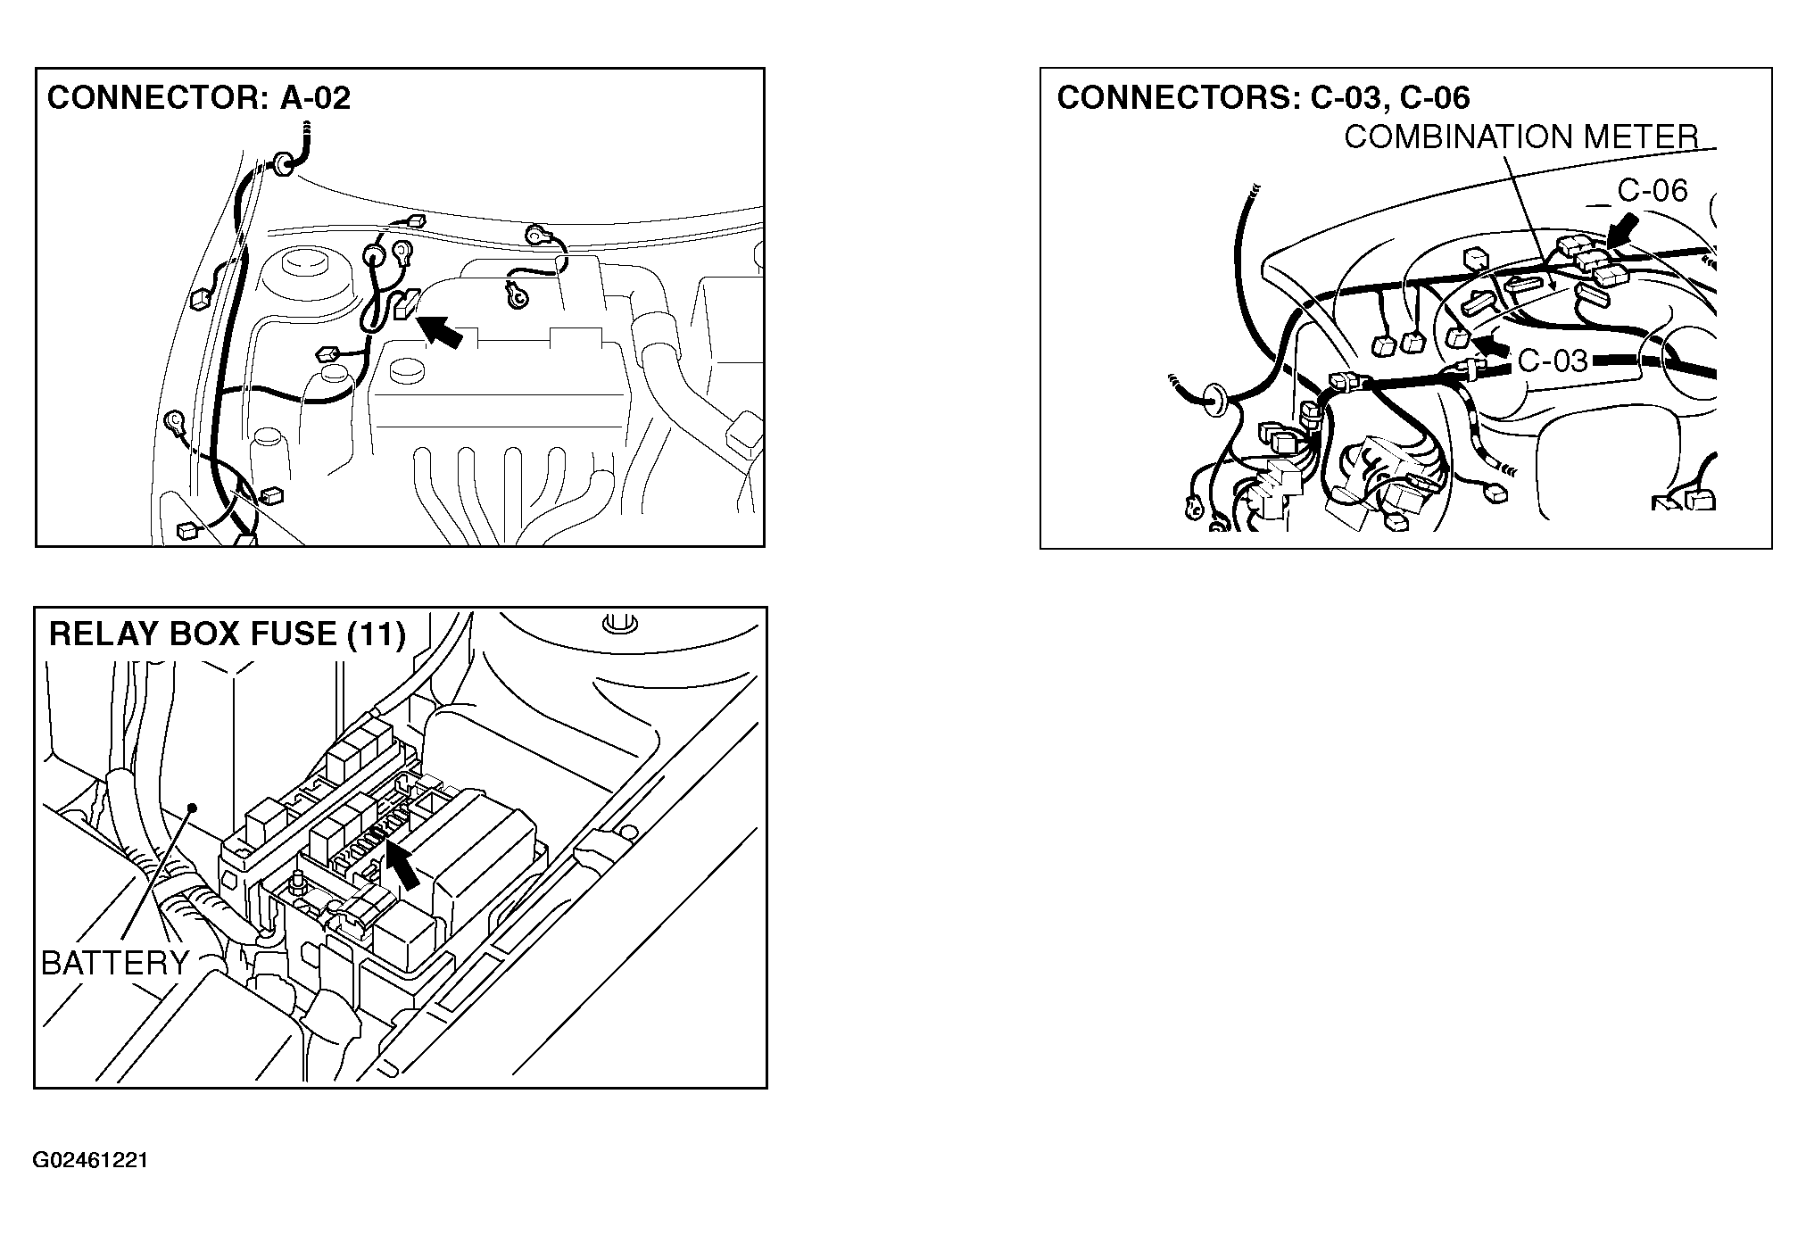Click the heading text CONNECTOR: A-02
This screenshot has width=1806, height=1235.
(199, 97)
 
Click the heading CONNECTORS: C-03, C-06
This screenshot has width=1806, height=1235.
(1263, 97)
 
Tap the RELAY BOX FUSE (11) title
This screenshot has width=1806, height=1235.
(228, 634)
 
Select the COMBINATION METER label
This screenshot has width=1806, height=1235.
(1521, 137)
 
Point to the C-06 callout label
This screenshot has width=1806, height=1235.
(1653, 190)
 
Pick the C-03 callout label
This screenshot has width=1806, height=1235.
(1553, 361)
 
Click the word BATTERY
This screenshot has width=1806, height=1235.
(115, 963)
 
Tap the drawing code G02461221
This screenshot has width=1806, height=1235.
(90, 1160)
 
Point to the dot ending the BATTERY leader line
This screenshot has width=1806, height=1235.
(191, 808)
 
